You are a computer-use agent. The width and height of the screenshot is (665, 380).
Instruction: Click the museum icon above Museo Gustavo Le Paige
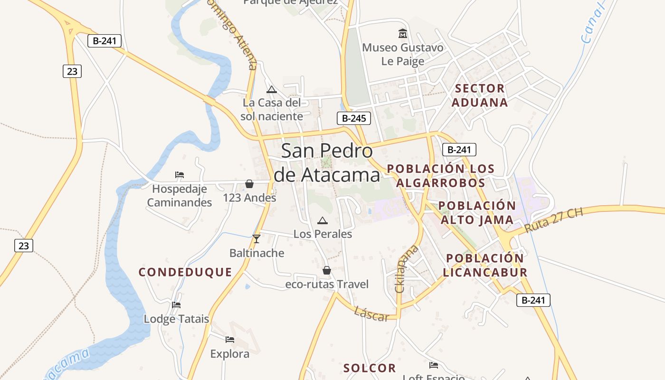pos(403,33)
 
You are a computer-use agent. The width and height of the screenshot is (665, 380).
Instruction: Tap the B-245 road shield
pos(354,118)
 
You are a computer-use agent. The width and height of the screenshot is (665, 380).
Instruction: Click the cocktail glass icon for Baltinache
pos(256,238)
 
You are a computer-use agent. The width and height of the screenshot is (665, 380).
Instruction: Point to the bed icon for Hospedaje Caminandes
pos(180,175)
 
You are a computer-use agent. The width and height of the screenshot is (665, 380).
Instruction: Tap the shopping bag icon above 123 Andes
pos(249,184)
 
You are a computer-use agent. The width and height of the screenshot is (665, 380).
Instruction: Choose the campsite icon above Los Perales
pos(323,220)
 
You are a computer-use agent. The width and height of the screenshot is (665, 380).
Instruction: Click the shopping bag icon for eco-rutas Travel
pos(327,270)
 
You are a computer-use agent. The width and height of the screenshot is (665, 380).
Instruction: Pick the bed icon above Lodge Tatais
pos(176,304)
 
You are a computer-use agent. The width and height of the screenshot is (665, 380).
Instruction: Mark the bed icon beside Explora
pos(230,339)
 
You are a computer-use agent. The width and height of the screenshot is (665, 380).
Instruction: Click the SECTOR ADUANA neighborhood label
pos(480,95)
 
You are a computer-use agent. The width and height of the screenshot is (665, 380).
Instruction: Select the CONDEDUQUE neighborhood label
pos(185,272)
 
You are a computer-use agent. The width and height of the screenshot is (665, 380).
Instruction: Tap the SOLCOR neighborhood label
pos(370,368)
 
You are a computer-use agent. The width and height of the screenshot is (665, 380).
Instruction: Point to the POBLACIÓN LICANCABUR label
pos(485,266)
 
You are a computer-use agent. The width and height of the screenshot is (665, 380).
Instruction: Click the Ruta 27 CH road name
pos(553,220)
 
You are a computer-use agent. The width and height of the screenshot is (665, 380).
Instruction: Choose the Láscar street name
pos(371,313)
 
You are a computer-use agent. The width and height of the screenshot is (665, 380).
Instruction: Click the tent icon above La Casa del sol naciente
pos(271,89)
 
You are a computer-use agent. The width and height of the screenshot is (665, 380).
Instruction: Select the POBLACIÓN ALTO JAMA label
pos(477,213)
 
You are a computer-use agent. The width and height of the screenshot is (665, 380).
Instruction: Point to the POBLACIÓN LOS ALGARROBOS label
pos(440,176)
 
